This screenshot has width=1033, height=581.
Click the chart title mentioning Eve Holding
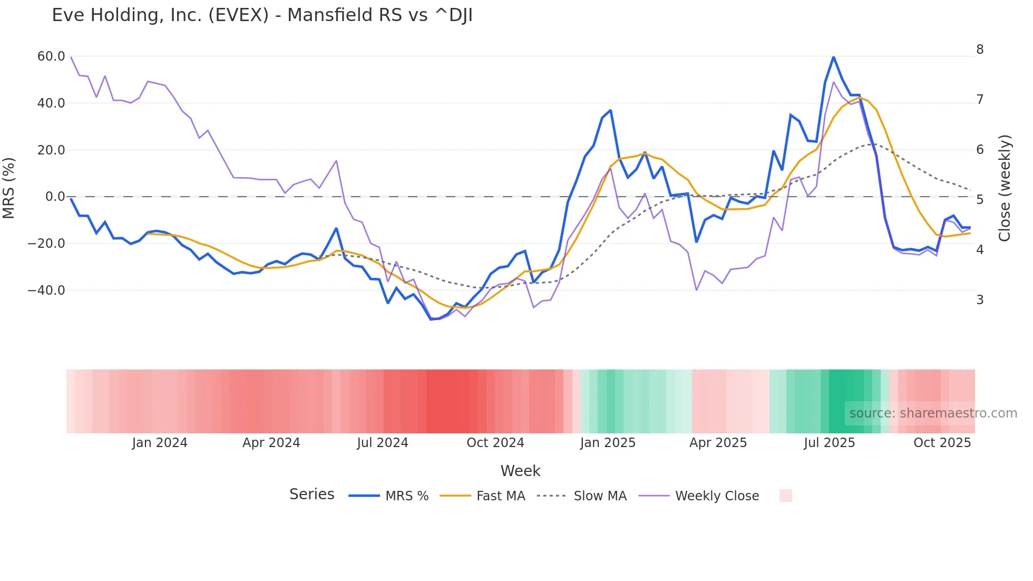262,15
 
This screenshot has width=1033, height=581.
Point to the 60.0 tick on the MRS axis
51,56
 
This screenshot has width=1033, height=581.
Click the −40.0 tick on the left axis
47,290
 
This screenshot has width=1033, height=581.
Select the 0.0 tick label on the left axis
55,197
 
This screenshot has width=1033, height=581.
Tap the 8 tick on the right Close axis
980,50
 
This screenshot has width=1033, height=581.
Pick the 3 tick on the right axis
980,300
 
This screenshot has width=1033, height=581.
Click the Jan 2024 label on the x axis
160,443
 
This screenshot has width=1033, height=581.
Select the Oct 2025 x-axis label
942,443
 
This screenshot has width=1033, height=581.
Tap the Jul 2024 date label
383,443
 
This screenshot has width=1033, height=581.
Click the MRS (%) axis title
9,188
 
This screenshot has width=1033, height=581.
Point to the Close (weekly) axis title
1005,188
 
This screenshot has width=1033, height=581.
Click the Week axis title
520,471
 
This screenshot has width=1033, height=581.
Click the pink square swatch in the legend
785,496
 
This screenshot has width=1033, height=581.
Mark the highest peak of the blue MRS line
833,56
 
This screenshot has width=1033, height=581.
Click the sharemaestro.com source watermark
933,413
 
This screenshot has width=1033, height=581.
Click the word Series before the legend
311,495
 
